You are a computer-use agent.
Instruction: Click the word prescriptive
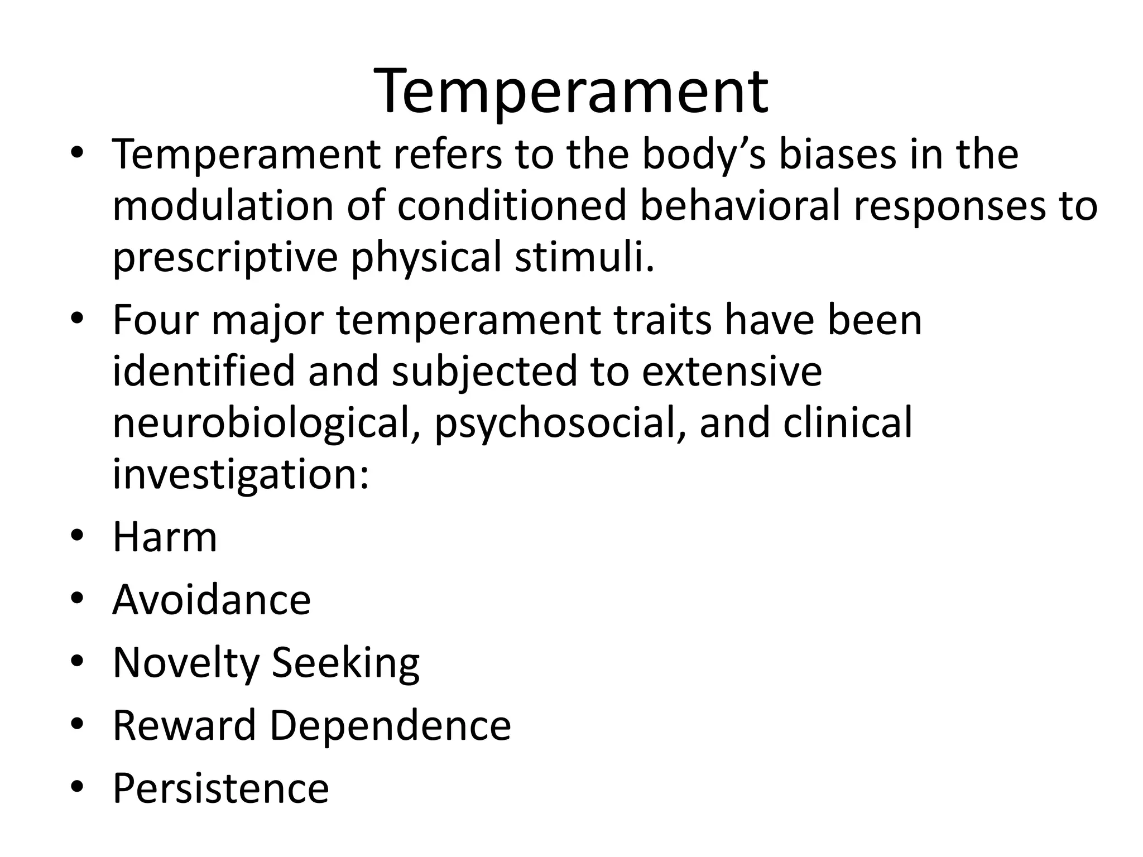coord(225,258)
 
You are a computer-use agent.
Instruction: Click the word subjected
coord(484,372)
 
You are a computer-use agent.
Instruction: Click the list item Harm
coord(165,537)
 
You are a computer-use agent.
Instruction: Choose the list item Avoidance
coord(212,600)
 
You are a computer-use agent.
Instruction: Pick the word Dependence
coord(390,725)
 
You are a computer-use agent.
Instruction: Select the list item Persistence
coord(220,788)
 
